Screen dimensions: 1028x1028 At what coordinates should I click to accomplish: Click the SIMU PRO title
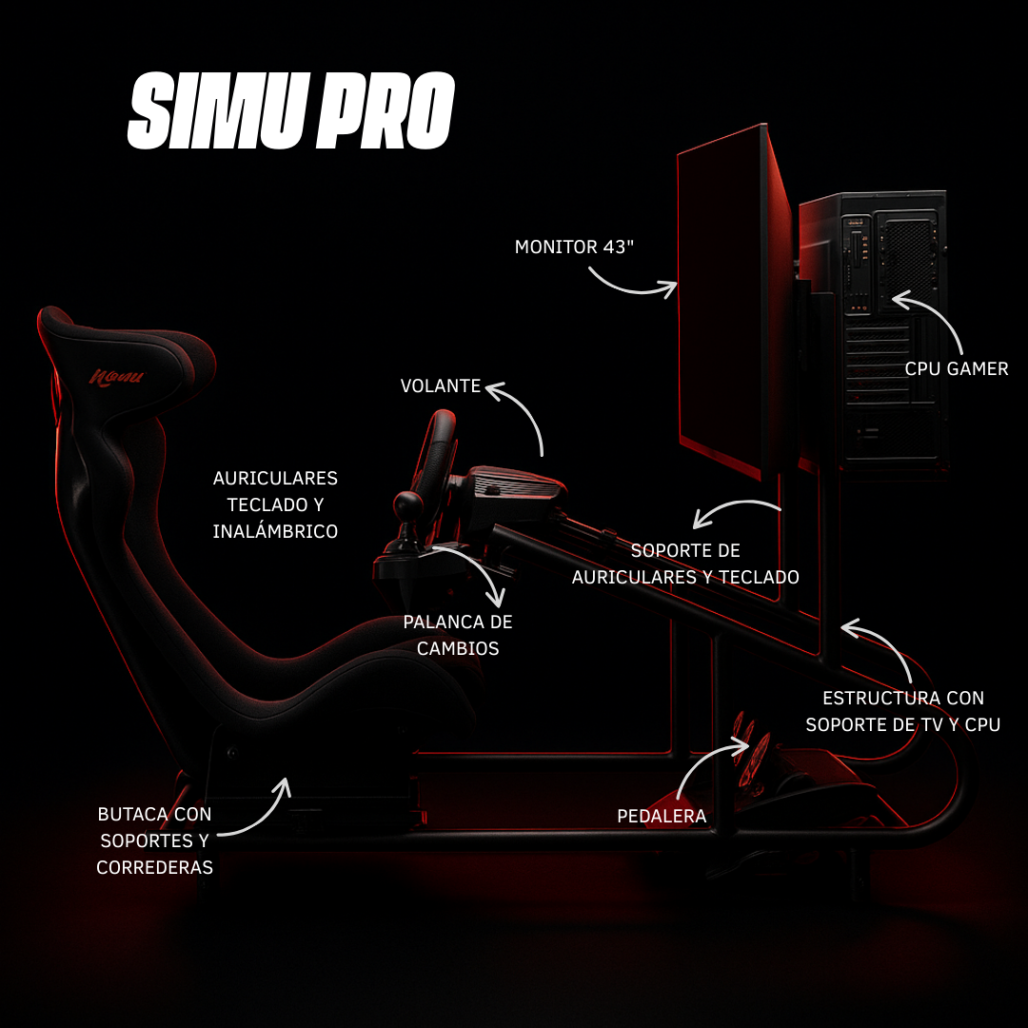[x=290, y=111]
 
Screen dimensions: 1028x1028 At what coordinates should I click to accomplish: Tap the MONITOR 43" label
[x=574, y=247]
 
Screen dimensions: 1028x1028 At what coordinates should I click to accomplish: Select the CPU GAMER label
[x=956, y=368]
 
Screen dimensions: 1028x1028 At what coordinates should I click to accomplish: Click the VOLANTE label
[x=440, y=385]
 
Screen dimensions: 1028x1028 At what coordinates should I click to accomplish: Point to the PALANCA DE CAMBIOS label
[x=458, y=635]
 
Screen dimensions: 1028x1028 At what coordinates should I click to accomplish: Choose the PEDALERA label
[x=662, y=816]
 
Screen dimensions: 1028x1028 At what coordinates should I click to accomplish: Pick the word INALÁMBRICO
[x=275, y=531]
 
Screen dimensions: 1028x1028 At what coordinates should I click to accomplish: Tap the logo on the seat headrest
[x=116, y=377]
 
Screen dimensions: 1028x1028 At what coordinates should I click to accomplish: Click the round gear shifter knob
[x=409, y=504]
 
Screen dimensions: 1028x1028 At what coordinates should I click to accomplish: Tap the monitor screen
[x=722, y=305]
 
